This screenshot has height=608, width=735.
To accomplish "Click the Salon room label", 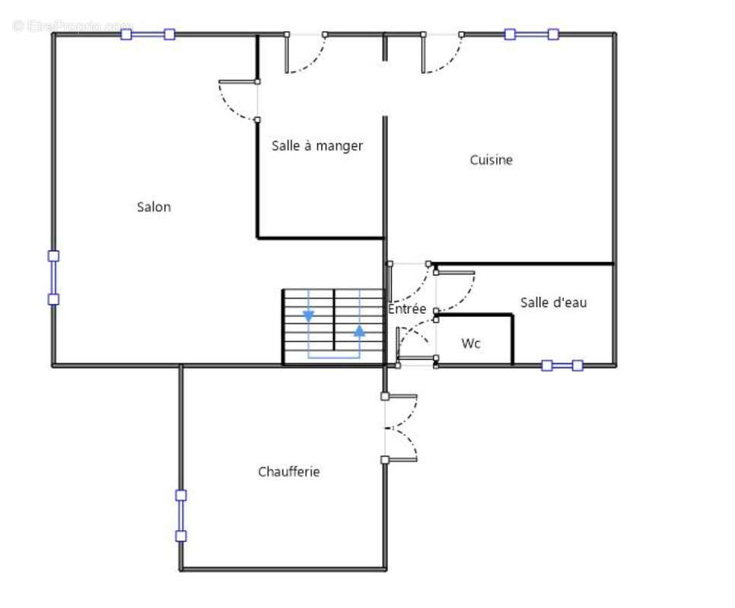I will [x=154, y=207].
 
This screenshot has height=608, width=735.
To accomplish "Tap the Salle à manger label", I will [x=317, y=145].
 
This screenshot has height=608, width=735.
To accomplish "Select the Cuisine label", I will [x=491, y=160].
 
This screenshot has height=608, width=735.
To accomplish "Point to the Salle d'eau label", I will [x=553, y=302].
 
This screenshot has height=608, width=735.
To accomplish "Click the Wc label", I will [x=471, y=344].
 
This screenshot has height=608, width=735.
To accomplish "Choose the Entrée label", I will [x=407, y=309].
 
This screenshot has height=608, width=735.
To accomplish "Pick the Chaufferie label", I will [x=288, y=472].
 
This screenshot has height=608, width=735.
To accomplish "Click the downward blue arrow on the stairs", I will [x=309, y=315].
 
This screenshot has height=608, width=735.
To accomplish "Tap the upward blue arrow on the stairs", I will [x=359, y=331].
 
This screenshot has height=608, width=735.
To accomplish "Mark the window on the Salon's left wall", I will [x=53, y=277].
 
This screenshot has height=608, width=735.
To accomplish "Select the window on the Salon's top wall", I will [x=148, y=34].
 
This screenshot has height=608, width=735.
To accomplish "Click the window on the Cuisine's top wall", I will [x=531, y=34].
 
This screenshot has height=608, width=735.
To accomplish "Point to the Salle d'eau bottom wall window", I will [x=562, y=366].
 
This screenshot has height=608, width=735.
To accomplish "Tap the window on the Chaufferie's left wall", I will [x=181, y=515].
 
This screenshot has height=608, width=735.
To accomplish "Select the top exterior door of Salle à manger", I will [x=305, y=53].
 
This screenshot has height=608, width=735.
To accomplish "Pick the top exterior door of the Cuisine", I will [x=442, y=53].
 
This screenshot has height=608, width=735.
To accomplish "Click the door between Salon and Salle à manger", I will [x=239, y=100].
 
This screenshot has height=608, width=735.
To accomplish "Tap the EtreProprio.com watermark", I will [x=72, y=26].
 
